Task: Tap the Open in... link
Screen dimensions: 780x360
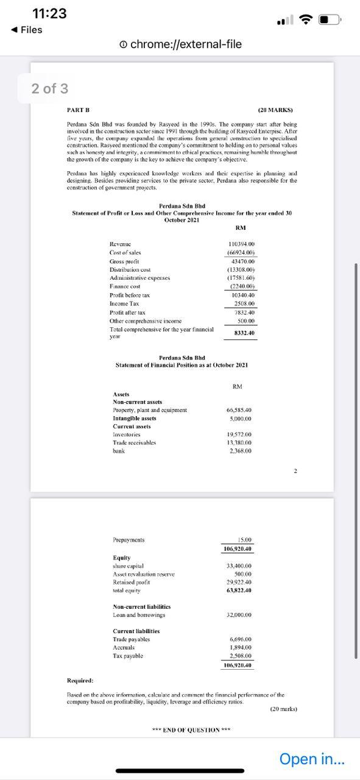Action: click(x=311, y=759)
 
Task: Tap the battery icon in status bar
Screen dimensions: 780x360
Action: click(x=329, y=20)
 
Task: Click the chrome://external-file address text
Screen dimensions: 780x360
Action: click(x=186, y=44)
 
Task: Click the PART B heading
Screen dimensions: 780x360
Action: click(x=78, y=110)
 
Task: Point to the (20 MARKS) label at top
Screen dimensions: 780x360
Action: click(x=275, y=110)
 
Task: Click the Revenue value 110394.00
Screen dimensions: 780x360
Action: click(x=241, y=244)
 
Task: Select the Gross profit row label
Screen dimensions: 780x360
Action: click(x=125, y=261)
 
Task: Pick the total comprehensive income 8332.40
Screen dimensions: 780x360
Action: click(x=244, y=333)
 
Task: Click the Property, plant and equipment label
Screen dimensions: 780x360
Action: click(x=150, y=410)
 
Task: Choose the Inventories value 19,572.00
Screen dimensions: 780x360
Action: click(x=239, y=434)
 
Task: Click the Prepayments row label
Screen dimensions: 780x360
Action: click(x=129, y=540)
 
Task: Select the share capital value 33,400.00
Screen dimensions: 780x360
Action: click(x=239, y=566)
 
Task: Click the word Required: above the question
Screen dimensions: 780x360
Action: click(x=80, y=681)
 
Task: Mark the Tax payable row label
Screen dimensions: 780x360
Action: click(x=128, y=656)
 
